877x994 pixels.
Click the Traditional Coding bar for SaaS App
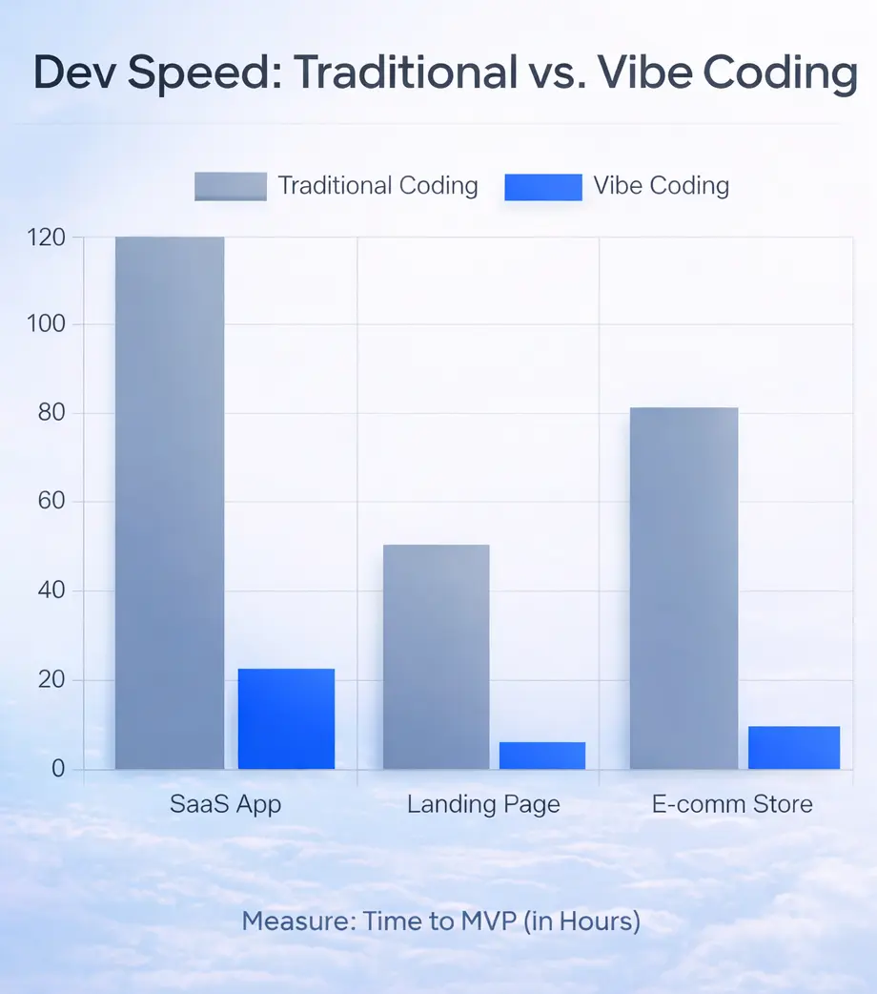pyautogui.click(x=170, y=503)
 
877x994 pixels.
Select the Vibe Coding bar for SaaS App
pyautogui.click(x=286, y=718)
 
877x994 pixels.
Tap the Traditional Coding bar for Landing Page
pyautogui.click(x=436, y=656)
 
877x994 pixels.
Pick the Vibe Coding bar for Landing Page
pyautogui.click(x=542, y=755)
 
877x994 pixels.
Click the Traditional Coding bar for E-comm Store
pyautogui.click(x=683, y=588)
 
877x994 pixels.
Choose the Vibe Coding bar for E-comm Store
pyautogui.click(x=793, y=747)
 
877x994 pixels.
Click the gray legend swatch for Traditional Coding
pyautogui.click(x=231, y=186)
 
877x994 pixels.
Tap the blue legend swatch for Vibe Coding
pyautogui.click(x=542, y=186)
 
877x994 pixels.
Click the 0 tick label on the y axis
pyautogui.click(x=57, y=769)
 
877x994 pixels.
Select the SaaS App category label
pyautogui.click(x=226, y=804)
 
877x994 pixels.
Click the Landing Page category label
pyautogui.click(x=483, y=804)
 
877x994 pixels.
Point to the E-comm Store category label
pyautogui.click(x=732, y=804)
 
